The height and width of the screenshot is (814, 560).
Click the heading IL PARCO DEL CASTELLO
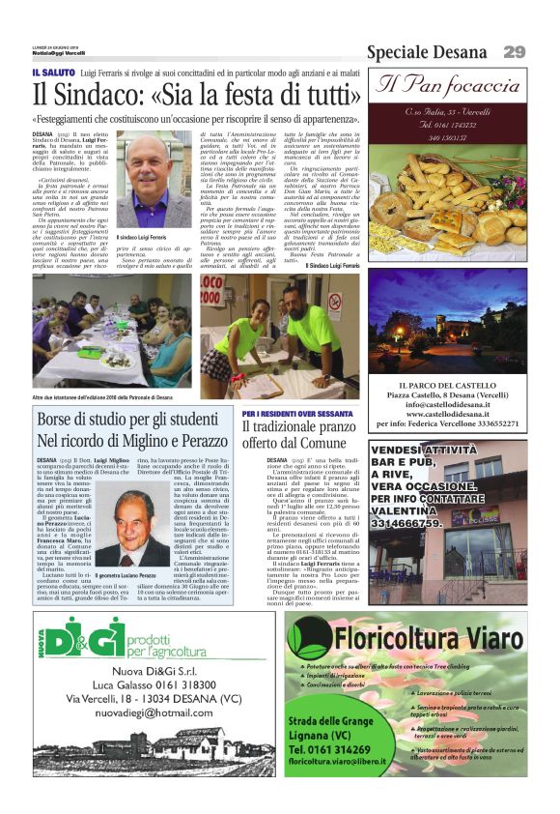447,386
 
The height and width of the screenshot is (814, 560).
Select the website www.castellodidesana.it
447,411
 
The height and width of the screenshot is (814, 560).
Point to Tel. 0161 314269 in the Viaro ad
333,748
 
